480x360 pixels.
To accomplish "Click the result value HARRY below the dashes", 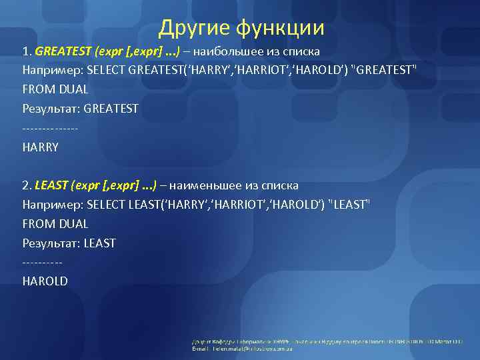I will (41, 147).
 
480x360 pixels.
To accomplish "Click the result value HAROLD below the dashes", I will (45, 281).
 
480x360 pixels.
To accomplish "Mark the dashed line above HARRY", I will (50, 128).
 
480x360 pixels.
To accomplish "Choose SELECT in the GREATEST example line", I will (107, 70).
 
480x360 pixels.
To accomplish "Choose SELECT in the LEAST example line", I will (107, 205).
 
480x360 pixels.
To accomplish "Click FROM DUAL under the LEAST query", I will (55, 224).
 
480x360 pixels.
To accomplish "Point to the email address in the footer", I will (247, 349).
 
